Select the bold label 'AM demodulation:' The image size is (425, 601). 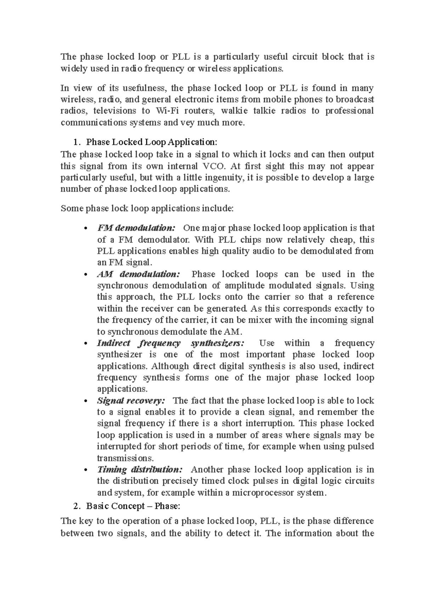138,274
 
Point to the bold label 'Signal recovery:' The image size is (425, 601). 131,401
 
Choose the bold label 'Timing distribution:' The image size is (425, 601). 140,470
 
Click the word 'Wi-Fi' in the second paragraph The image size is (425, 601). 167,111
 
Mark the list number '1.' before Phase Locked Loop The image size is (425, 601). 76,142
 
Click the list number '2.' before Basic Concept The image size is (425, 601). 76,506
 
